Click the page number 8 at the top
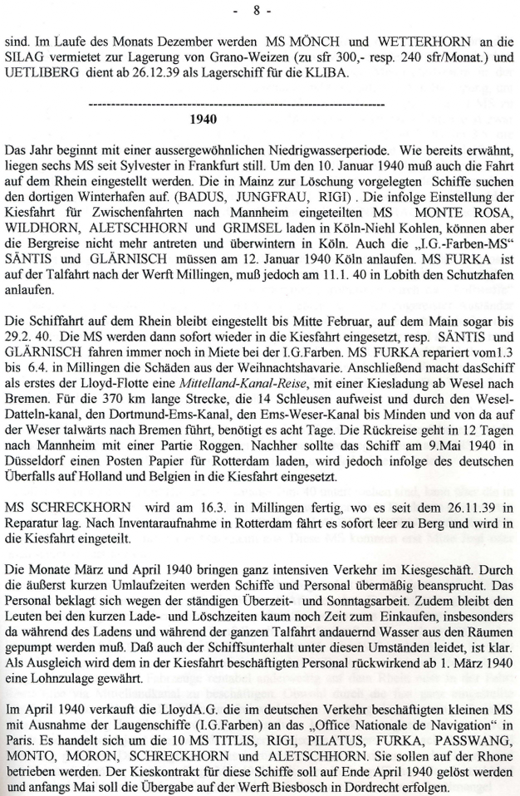pos(258,11)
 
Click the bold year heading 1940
pos(203,119)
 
